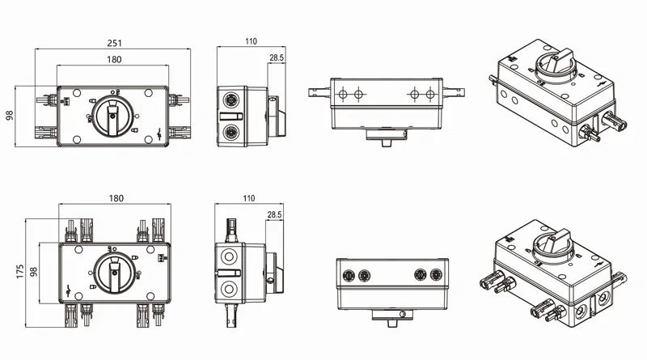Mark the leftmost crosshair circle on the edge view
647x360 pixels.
point(340,95)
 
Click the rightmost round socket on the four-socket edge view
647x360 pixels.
point(438,274)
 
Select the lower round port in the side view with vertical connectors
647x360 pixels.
point(229,288)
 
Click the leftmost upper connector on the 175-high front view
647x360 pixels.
point(71,231)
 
